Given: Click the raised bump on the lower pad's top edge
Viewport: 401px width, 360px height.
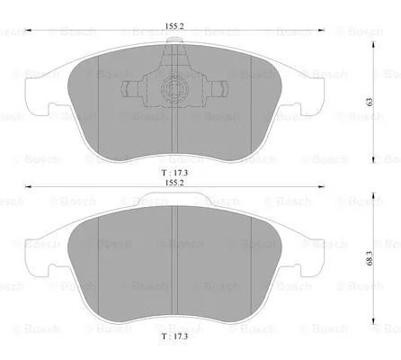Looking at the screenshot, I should point(174,204).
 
